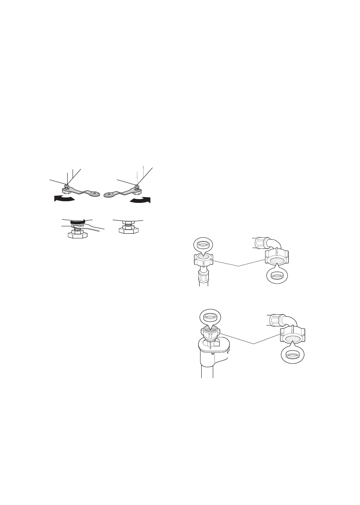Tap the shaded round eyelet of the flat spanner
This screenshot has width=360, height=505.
[x=109, y=195]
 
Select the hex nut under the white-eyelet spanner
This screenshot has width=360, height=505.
[x=66, y=190]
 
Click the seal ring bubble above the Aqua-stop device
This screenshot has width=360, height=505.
[x=210, y=318]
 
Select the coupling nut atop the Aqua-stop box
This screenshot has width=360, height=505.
[x=210, y=332]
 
